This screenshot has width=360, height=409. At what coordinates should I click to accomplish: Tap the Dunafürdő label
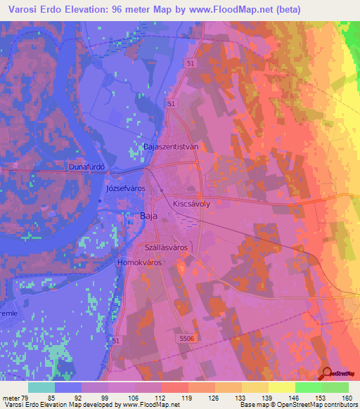[86, 167]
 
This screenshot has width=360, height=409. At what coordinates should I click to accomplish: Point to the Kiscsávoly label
[191, 200]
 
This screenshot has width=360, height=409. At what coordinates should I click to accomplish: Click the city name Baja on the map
[149, 216]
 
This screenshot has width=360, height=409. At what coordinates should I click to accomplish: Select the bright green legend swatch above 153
[308, 387]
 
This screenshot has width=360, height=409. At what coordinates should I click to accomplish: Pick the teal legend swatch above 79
[41, 387]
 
